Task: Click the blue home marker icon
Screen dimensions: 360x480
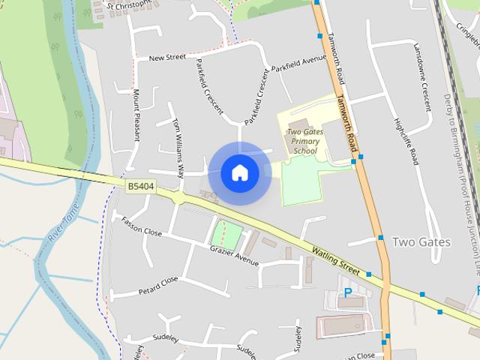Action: (x=240, y=173)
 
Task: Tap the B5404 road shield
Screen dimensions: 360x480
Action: (x=140, y=186)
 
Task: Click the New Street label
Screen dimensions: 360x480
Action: (x=167, y=58)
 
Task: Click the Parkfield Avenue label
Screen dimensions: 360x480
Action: (x=299, y=62)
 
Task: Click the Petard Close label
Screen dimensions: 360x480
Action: (x=158, y=286)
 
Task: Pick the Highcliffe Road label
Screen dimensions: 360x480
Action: (x=405, y=140)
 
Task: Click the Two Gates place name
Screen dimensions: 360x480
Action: (x=421, y=241)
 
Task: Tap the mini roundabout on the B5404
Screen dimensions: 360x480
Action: (x=179, y=197)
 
